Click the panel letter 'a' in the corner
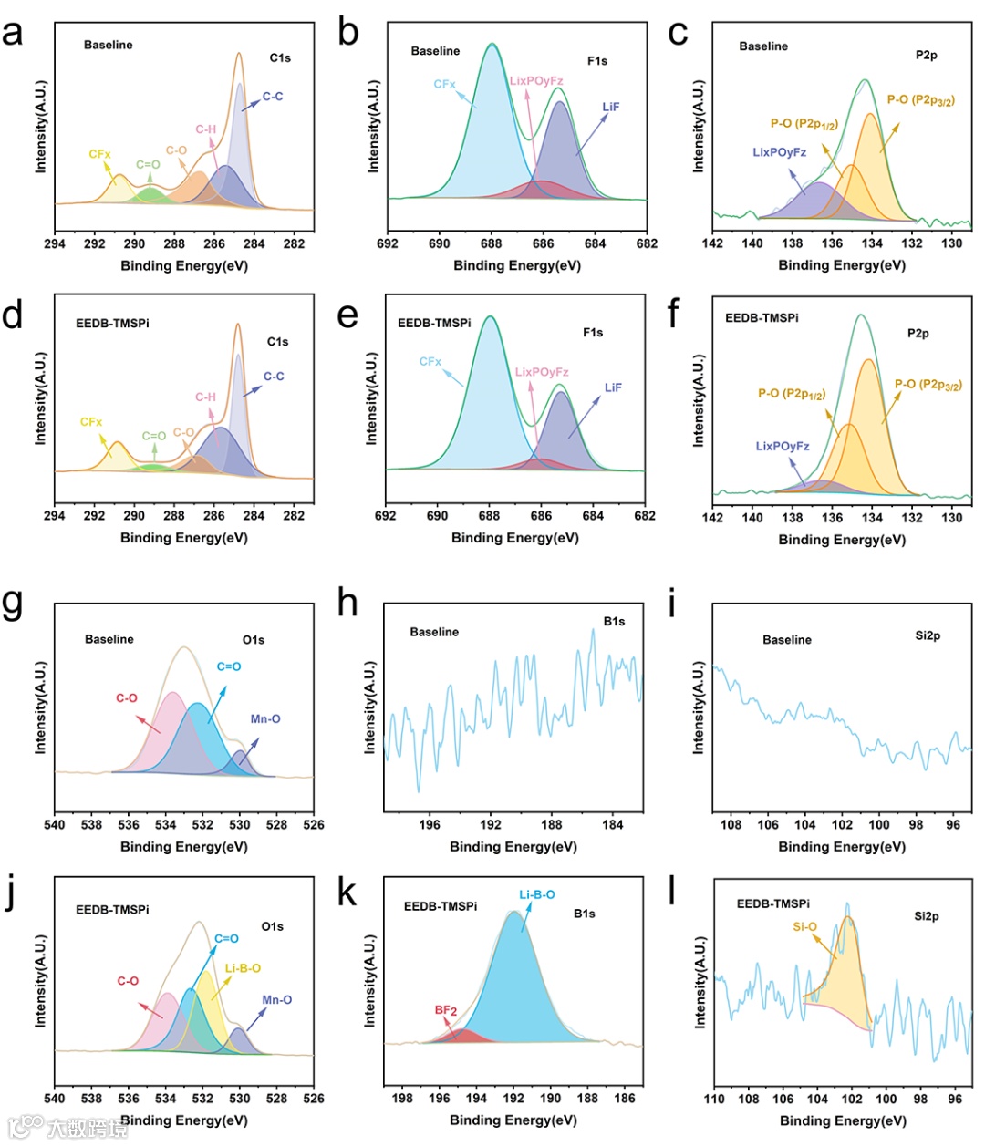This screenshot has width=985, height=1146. tap(13, 34)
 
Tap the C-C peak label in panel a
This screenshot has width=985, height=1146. tap(273, 97)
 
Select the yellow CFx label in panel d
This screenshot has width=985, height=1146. tap(91, 422)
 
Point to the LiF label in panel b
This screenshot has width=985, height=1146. tap(610, 107)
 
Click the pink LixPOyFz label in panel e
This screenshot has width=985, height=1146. tap(542, 372)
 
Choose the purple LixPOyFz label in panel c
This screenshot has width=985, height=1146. tap(779, 152)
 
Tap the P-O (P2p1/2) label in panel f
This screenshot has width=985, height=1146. tap(792, 394)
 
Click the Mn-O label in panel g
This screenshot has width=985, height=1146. tap(265, 719)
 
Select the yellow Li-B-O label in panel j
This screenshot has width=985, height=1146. tap(243, 968)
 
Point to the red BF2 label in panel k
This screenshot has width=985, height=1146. tap(446, 1010)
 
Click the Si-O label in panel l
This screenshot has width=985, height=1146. tap(804, 927)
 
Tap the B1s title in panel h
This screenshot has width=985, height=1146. tap(614, 622)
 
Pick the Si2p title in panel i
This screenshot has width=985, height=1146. tap(928, 635)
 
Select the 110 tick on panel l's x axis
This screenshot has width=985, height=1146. tap(714, 1099)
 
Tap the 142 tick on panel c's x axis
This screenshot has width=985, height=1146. tap(712, 243)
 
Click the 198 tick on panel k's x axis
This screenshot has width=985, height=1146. tap(402, 1098)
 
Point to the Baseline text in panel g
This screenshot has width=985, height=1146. tap(109, 639)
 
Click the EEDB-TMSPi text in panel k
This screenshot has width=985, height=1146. tap(441, 906)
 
